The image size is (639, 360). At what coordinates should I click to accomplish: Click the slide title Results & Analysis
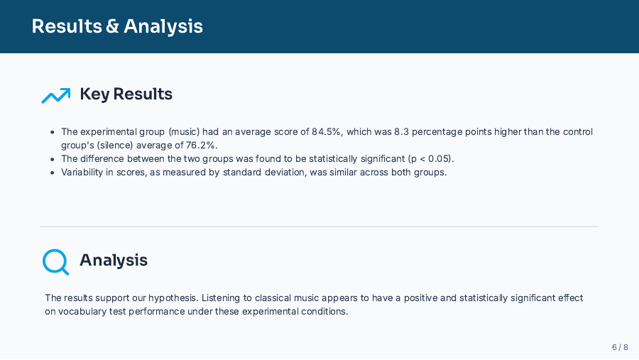pos(117,26)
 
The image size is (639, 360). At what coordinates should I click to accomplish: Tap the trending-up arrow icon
pos(55,94)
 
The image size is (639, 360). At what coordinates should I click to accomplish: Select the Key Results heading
pos(126,94)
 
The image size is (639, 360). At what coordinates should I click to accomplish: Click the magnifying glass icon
pos(55,261)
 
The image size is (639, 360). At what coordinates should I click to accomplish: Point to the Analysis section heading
pos(114,260)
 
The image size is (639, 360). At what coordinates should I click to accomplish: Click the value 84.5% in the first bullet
pos(326,132)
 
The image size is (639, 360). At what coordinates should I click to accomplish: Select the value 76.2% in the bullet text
pos(202,146)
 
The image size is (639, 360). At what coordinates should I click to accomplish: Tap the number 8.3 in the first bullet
pos(403,132)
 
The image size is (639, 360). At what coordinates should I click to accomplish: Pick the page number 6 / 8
pos(620,347)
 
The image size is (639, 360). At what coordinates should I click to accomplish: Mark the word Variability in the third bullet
pos(82,172)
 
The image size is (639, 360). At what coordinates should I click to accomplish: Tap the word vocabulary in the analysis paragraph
pos(82,312)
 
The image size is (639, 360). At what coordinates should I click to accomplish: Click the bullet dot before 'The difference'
pos(53,159)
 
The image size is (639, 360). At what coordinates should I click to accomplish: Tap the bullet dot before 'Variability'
pos(53,173)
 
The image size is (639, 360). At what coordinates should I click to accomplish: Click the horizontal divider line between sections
pos(319,227)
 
